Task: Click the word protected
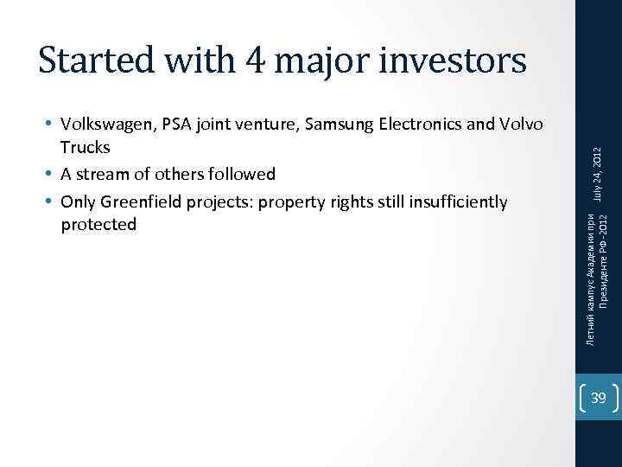(98, 225)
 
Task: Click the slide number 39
(598, 398)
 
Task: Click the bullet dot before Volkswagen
(52, 125)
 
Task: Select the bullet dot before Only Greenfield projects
(52, 202)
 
